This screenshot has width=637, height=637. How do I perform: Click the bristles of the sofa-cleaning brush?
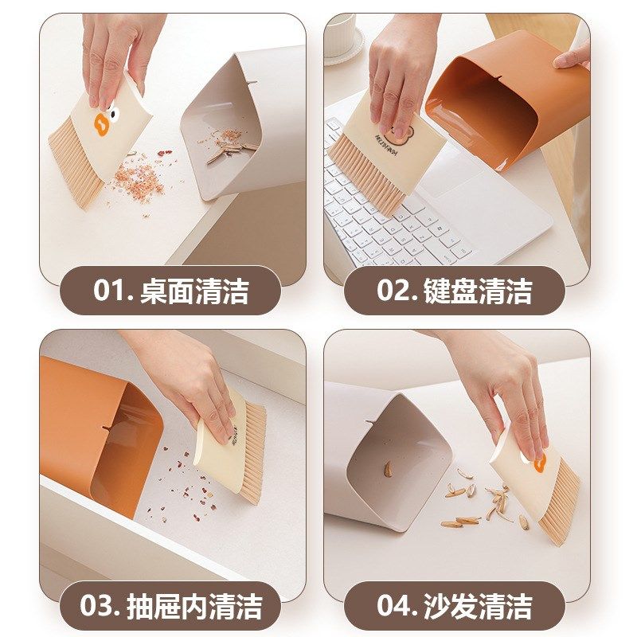click(x=561, y=510)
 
